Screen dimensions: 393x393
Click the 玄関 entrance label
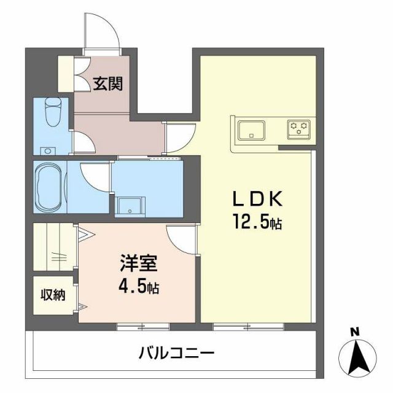pos(107,84)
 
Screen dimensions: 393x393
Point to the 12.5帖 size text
pos(257,222)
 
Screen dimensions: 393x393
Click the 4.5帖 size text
pos(139,287)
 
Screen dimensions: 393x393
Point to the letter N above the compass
pos(354,332)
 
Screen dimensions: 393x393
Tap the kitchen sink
pos(252,130)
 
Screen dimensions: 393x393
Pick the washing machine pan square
pos(130,208)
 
